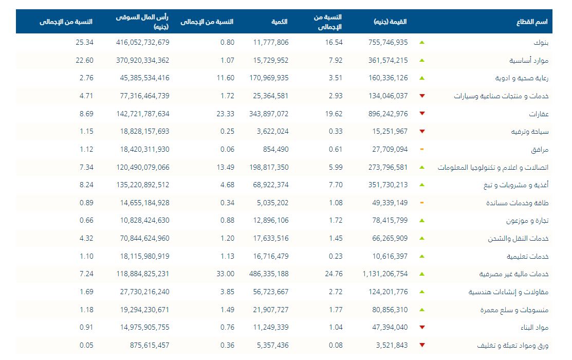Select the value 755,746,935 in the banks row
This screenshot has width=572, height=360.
coord(388,42)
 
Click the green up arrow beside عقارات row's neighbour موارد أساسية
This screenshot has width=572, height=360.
coord(422,60)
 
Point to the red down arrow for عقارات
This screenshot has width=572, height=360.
coord(422,114)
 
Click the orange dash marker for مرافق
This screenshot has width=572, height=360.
coord(422,149)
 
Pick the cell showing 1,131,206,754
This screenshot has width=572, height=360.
coord(385,274)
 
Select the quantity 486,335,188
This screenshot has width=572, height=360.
coord(271,274)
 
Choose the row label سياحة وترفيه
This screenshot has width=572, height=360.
coord(529,132)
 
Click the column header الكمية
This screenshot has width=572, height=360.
coord(280,22)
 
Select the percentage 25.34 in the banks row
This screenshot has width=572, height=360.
coord(85,42)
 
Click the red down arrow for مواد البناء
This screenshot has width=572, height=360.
coord(422,327)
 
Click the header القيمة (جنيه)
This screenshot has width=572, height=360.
coord(390,22)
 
